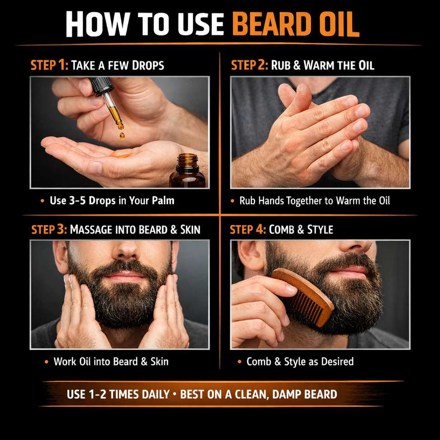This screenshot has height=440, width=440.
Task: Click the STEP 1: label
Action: pyautogui.click(x=49, y=65)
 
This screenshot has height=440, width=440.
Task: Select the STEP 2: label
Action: pyautogui.click(x=249, y=65)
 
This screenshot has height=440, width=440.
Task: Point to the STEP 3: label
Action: pyautogui.click(x=49, y=229)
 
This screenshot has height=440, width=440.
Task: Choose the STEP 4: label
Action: pyautogui.click(x=248, y=229)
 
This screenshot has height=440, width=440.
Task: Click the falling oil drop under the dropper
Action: pyautogui.click(x=122, y=136)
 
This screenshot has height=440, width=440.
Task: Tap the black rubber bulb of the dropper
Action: pyautogui.click(x=100, y=85)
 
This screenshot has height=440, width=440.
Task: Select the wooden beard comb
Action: pyautogui.click(x=303, y=297)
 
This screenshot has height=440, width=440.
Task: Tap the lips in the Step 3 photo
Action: pyautogui.click(x=125, y=276)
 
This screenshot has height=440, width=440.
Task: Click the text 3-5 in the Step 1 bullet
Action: pyautogui.click(x=77, y=201)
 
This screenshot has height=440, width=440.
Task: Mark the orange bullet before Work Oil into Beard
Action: pyautogui.click(x=47, y=362)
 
